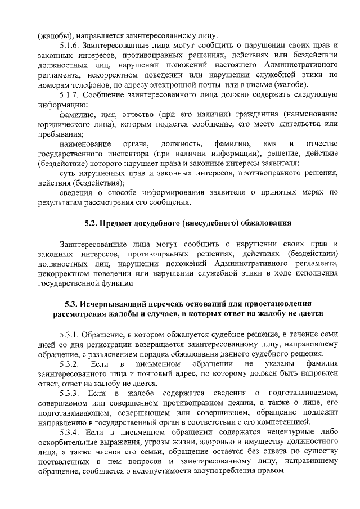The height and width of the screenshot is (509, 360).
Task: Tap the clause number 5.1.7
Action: pyautogui.click(x=71, y=94)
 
